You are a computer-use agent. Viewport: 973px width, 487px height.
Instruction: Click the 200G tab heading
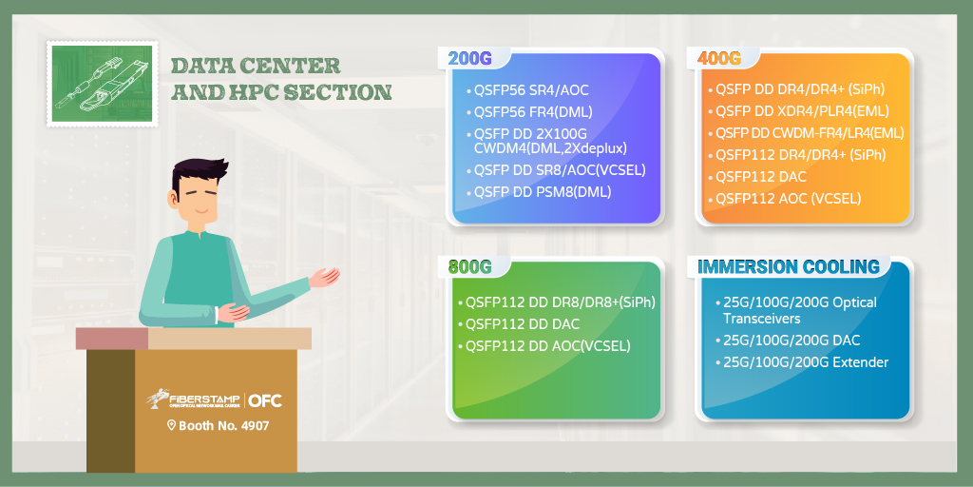point(469,58)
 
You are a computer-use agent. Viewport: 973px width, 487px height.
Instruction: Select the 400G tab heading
point(719,58)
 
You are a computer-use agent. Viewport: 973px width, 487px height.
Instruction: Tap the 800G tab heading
point(469,266)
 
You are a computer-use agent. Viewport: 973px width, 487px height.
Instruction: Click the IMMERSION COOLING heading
point(789,266)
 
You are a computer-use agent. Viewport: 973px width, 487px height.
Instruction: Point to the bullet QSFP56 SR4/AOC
point(531,90)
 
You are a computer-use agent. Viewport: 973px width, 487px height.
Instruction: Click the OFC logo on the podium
point(265,400)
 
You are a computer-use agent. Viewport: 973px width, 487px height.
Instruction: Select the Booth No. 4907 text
point(219,426)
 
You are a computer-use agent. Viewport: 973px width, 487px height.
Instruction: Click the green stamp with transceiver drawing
point(103,84)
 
